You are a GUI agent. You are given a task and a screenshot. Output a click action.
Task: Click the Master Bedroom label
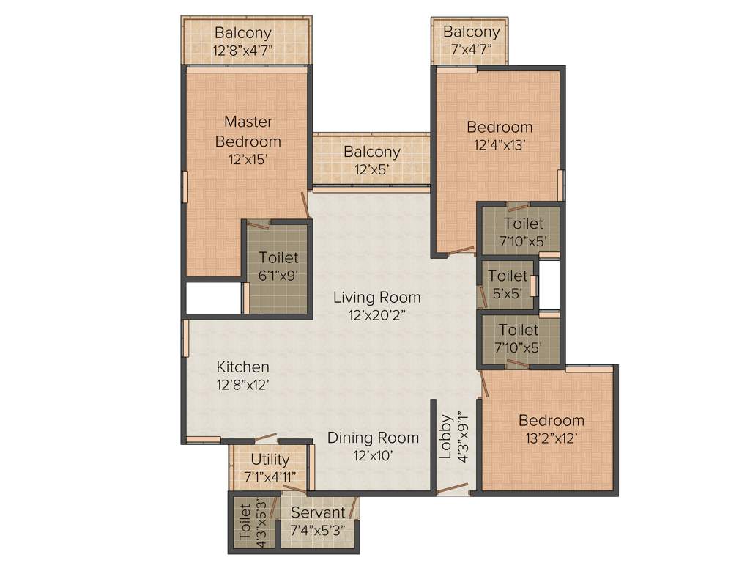(248, 131)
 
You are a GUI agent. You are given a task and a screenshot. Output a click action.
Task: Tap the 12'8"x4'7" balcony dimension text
(242, 51)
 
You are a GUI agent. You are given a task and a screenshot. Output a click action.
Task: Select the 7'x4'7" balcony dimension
(471, 50)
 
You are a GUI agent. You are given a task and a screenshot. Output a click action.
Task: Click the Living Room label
(376, 297)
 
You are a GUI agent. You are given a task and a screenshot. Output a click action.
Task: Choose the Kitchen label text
(242, 367)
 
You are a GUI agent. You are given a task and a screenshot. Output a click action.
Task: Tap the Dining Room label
(373, 438)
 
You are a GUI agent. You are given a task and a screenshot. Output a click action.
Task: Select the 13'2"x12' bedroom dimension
(551, 438)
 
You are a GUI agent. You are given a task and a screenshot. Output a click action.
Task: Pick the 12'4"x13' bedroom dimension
(500, 145)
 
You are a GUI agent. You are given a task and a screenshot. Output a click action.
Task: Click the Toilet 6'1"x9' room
(278, 268)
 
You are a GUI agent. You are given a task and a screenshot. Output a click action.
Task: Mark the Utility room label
(270, 460)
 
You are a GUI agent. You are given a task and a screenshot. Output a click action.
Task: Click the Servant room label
(317, 513)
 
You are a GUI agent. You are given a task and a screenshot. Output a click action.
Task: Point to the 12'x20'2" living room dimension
(376, 315)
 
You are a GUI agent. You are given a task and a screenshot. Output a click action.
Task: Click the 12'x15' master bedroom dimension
(248, 159)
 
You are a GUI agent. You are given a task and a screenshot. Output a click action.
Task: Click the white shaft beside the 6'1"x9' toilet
(212, 298)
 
